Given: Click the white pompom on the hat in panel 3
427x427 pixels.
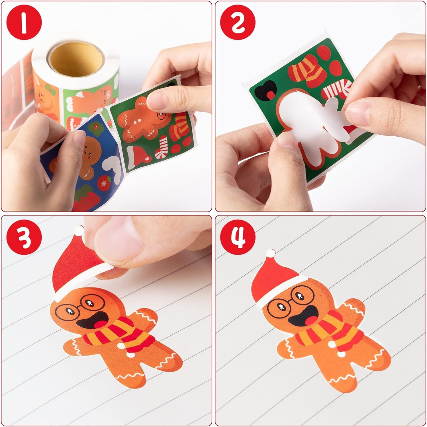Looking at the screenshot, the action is coord(79,229).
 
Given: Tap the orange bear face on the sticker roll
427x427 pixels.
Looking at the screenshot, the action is coord(45,95).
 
